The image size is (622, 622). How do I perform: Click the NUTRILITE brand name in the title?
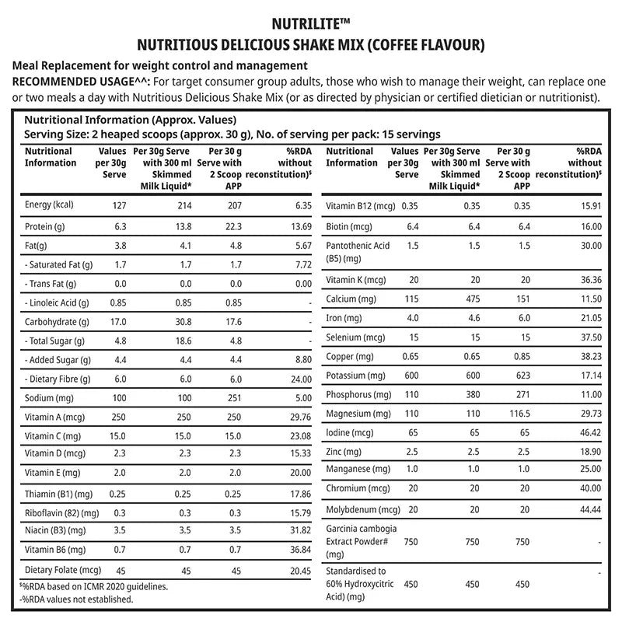310,24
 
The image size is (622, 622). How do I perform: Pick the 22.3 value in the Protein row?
232,225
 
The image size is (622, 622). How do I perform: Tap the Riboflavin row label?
62,513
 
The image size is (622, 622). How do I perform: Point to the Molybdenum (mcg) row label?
363,508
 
